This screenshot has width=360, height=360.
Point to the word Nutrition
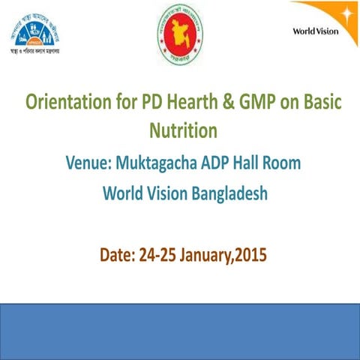tap(181, 131)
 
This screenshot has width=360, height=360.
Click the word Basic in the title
tap(316, 103)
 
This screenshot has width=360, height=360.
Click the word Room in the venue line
tap(281, 162)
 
